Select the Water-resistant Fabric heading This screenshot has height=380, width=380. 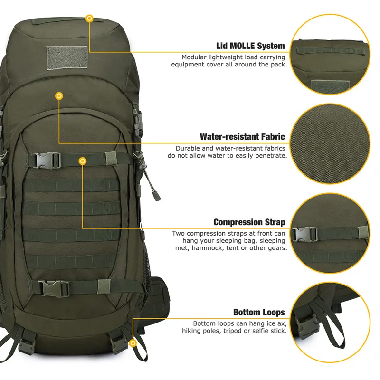click(x=242, y=137)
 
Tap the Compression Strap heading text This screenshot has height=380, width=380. click(x=249, y=222)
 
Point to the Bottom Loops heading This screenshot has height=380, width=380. click(x=259, y=312)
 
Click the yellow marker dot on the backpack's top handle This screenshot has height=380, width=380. click(x=89, y=19)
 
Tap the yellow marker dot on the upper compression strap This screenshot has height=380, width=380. click(x=83, y=162)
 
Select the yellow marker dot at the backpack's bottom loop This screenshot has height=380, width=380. click(x=133, y=342)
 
